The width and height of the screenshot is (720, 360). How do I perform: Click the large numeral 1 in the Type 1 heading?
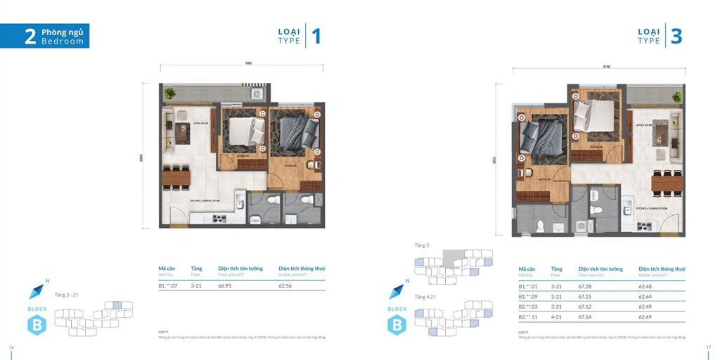(316, 36)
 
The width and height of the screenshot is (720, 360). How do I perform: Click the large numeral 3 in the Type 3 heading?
(676, 36)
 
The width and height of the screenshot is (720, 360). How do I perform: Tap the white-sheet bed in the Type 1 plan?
(244, 131)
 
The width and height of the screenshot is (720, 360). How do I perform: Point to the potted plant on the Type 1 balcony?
(167, 91)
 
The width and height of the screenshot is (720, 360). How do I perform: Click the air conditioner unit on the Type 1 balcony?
(257, 92)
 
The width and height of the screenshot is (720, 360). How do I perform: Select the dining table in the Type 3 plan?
(668, 182)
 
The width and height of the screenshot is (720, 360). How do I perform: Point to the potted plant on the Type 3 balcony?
(677, 96)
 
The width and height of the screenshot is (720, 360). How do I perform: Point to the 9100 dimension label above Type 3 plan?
(606, 67)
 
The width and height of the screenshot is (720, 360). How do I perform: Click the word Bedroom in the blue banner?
(62, 41)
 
